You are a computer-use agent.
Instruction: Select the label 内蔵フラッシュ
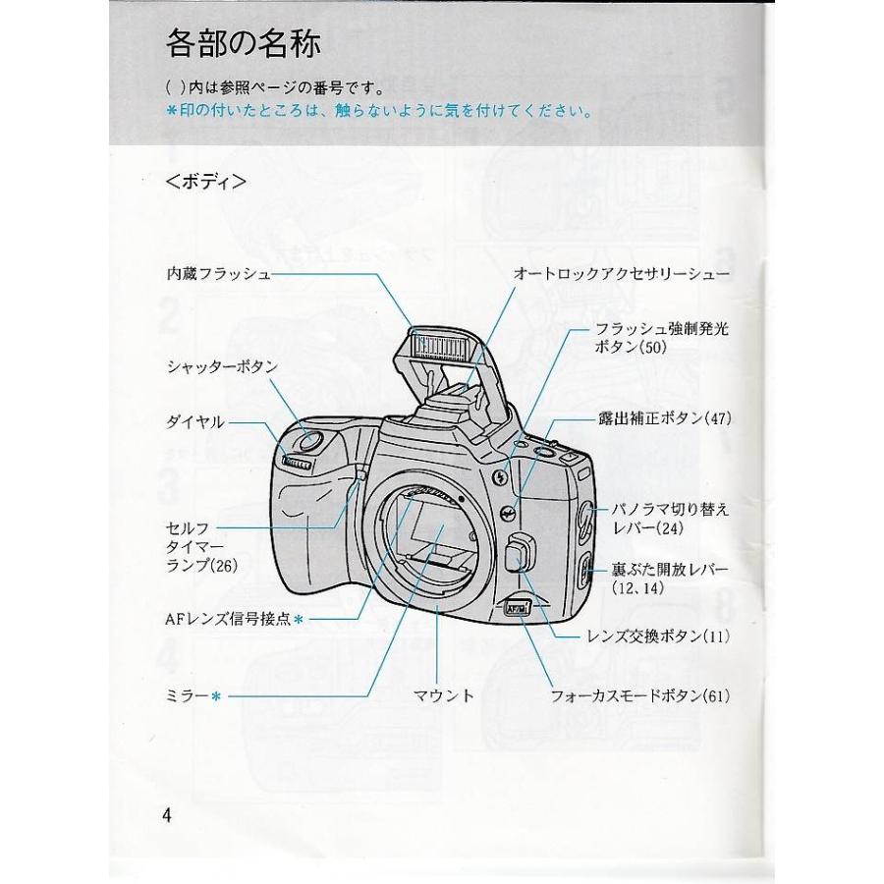pyautogui.click(x=218, y=275)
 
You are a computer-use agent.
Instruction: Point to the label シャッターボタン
pyautogui.click(x=222, y=366)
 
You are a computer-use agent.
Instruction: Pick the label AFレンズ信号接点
pyautogui.click(x=229, y=619)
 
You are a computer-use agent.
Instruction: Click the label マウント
pyautogui.click(x=444, y=695)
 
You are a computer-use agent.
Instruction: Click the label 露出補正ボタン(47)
pyautogui.click(x=664, y=418)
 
